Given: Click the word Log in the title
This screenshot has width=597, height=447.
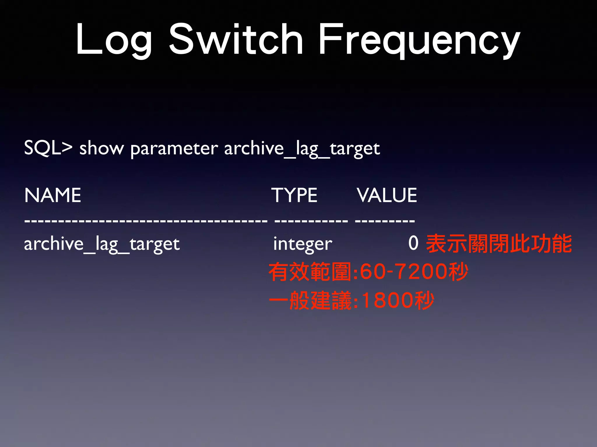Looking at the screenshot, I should (114, 39).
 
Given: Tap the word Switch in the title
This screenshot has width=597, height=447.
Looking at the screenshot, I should (236, 39).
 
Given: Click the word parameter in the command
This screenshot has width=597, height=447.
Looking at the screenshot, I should (174, 149).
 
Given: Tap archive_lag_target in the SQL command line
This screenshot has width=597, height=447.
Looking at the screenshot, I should (302, 149).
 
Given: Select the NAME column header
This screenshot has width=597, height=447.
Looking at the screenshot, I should (53, 195).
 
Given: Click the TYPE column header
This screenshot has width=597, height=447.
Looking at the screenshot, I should (294, 195).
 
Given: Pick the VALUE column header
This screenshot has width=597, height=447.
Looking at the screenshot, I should (387, 195).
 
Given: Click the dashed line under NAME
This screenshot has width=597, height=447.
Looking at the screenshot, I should (146, 221).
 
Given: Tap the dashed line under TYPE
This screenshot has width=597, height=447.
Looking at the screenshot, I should (311, 221).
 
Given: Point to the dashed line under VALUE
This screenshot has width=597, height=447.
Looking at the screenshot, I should (385, 221).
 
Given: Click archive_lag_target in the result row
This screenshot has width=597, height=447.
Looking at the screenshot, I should (102, 244).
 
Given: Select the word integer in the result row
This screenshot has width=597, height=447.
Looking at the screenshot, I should (303, 244).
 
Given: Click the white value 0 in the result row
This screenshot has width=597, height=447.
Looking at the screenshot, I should (413, 243).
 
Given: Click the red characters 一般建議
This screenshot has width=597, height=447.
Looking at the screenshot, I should (310, 300).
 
